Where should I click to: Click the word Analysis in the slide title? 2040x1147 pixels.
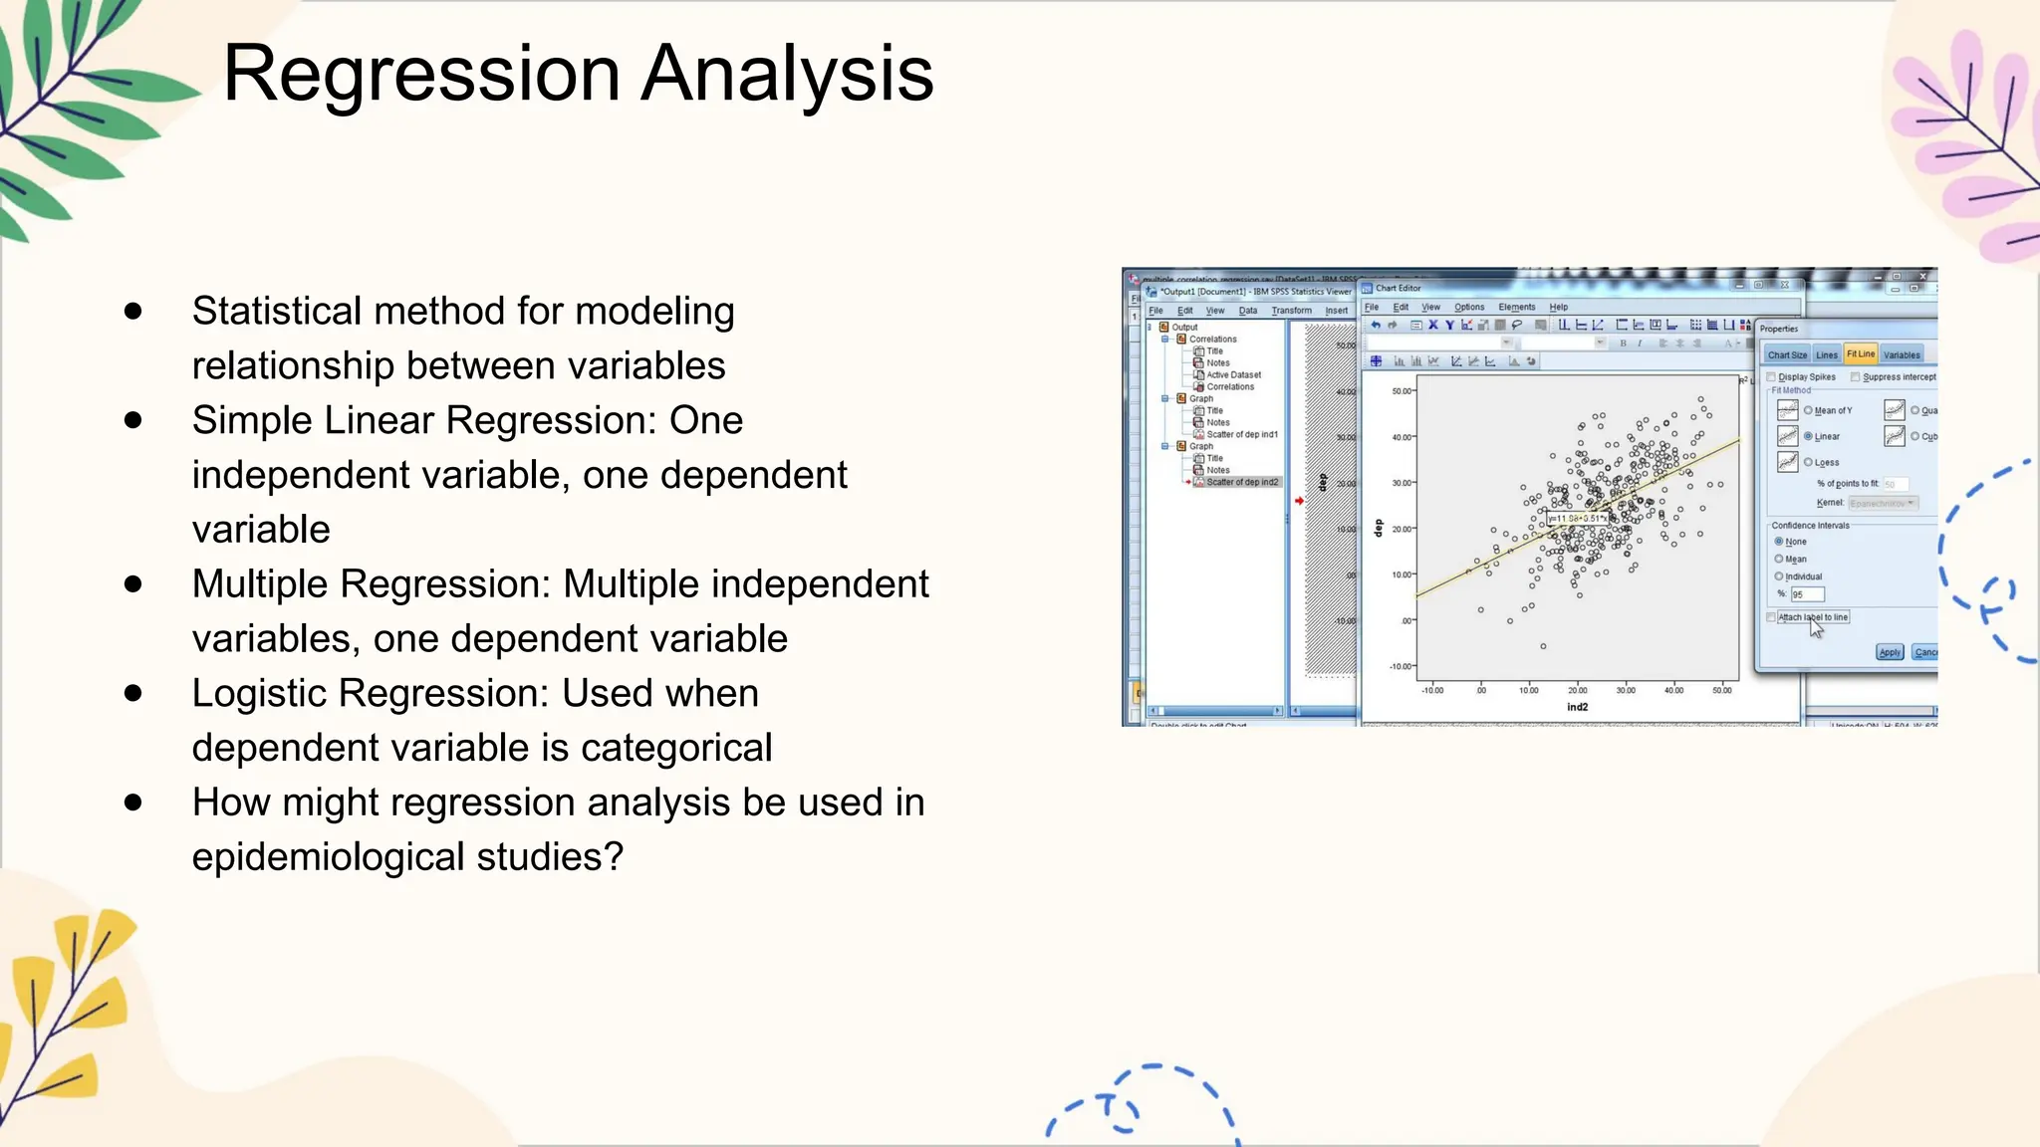coord(787,74)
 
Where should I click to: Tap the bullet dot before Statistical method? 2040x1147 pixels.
coord(133,312)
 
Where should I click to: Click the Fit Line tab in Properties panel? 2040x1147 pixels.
coord(1860,354)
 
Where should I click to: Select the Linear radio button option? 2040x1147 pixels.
coord(1808,436)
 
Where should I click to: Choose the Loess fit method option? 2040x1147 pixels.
coord(1808,462)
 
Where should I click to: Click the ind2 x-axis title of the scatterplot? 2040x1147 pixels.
coord(1577,707)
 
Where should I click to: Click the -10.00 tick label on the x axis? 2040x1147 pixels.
coord(1431,690)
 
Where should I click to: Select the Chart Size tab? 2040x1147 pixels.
coord(1787,354)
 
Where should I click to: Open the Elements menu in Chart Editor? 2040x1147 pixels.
coord(1516,307)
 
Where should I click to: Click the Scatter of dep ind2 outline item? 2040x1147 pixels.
coord(1241,482)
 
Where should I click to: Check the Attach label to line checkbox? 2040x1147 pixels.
coord(1771,617)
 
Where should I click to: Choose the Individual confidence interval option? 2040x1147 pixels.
coord(1779,576)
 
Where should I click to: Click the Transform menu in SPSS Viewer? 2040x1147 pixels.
coord(1291,311)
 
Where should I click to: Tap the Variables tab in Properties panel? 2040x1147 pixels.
coord(1902,354)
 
